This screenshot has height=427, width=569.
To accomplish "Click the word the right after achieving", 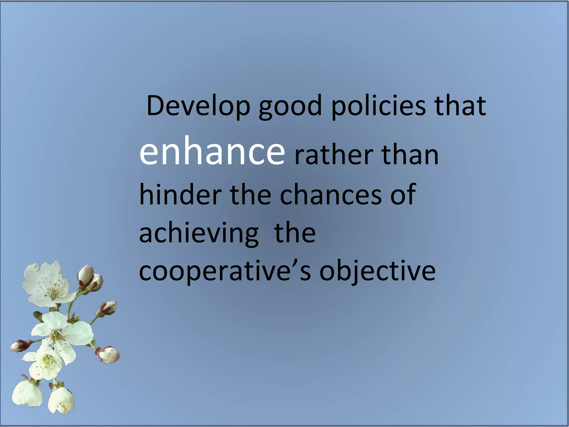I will coord(295,233).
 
